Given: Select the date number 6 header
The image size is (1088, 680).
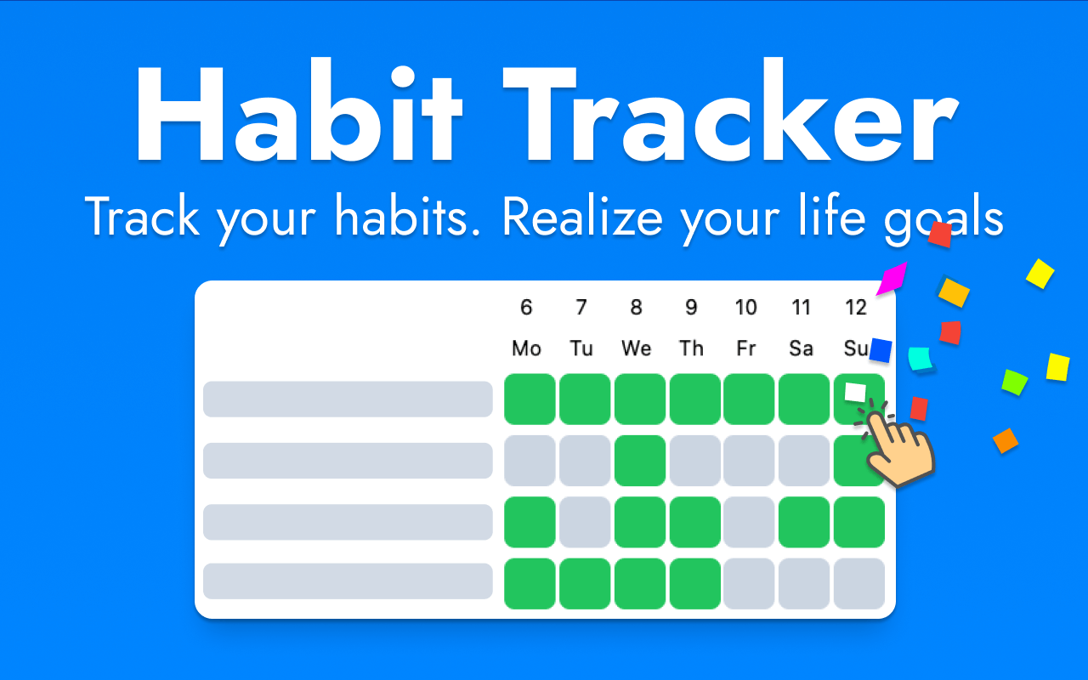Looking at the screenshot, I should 526,307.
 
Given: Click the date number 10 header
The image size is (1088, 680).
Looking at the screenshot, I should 745,307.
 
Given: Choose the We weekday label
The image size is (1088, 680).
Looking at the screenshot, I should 636,348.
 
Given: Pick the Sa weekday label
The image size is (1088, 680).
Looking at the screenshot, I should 801,348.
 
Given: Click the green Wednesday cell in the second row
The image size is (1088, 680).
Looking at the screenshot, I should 640,461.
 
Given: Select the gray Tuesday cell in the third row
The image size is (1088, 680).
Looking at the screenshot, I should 585,522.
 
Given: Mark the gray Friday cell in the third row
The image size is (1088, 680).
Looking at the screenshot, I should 749,522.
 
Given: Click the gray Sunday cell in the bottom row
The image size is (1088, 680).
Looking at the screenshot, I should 858,583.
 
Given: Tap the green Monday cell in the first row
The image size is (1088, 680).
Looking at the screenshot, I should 530,399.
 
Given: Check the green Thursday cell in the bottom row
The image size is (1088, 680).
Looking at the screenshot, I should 694,583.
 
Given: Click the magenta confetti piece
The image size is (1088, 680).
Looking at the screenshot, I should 892,278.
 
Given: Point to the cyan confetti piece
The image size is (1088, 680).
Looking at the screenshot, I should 921,358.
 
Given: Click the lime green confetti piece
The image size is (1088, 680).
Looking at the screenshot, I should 1014,382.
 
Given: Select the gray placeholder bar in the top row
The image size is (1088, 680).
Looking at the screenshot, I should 348,399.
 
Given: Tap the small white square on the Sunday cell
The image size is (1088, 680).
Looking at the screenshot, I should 855,392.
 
